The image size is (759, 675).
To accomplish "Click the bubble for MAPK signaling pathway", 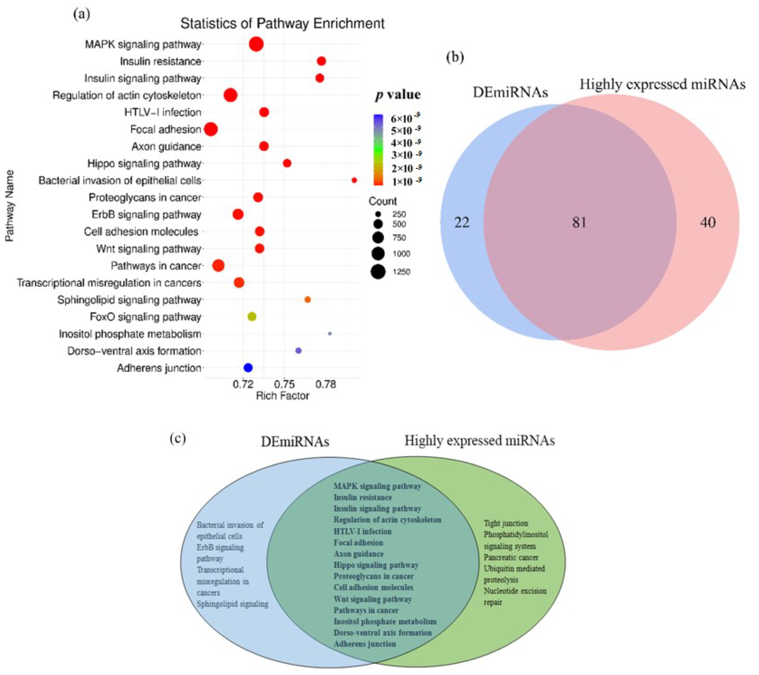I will (256, 44).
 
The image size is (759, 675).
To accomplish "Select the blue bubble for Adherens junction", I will (248, 368).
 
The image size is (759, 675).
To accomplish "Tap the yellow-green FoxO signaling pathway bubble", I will (252, 317).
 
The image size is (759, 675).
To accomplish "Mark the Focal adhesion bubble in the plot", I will (211, 130).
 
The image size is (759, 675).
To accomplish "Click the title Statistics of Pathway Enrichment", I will (282, 23).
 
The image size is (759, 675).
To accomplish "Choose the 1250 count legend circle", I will (378, 272).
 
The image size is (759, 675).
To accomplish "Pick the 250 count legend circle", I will (378, 214).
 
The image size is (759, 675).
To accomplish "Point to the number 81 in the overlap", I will (579, 222).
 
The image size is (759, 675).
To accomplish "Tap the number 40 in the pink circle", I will (708, 222).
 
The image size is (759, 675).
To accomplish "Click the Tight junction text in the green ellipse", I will (506, 523).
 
